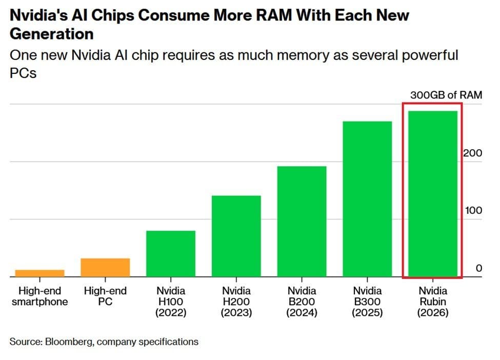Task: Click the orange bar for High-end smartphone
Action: [39, 273]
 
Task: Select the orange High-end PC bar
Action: [105, 267]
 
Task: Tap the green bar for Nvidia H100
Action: [171, 253]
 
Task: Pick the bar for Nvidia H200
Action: [236, 236]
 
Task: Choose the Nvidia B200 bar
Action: [302, 221]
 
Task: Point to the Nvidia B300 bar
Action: [368, 198]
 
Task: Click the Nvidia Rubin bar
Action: [433, 193]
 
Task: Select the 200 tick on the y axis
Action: [473, 153]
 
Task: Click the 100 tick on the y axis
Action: [473, 210]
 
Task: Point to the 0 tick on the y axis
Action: [478, 268]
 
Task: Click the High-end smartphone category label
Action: [39, 296]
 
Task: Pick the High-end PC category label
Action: [105, 296]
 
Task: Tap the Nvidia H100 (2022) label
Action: [171, 302]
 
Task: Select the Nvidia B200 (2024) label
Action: [302, 302]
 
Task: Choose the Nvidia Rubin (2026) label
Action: [433, 302]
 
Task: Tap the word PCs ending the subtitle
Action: [23, 73]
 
